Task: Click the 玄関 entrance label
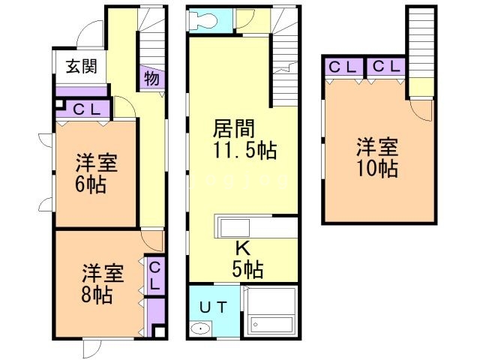click(82, 66)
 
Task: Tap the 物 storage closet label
click(151, 78)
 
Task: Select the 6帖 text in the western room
click(91, 184)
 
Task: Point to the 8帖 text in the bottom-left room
click(97, 295)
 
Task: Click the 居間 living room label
click(234, 128)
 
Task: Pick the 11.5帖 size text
click(245, 150)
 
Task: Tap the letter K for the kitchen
click(242, 248)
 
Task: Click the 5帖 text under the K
click(247, 269)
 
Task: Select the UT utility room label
click(214, 307)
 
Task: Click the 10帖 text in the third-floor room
click(377, 168)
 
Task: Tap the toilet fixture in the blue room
click(202, 20)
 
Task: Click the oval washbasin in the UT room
click(201, 329)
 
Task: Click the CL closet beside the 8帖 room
click(155, 276)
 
